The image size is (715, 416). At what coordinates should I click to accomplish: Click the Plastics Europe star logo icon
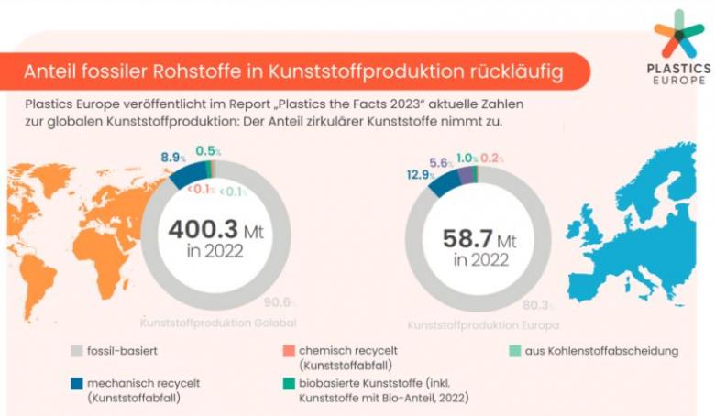coord(678,35)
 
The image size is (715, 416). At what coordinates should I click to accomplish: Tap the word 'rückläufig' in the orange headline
coord(509,70)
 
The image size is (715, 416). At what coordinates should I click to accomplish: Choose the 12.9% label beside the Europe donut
coord(421,174)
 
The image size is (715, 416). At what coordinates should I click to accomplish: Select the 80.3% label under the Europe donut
coord(535,306)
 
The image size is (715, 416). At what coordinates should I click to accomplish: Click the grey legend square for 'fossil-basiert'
coord(78,350)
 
